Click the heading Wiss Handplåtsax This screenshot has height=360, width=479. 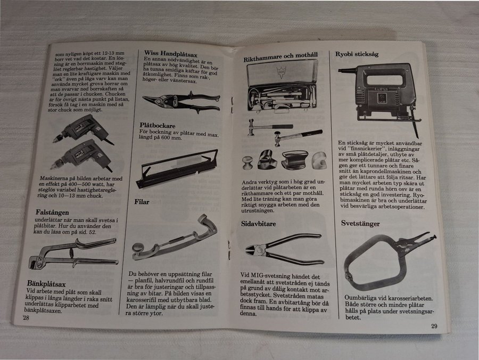[171, 54]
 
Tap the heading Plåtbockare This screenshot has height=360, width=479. [158, 126]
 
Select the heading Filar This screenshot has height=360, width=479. [142, 202]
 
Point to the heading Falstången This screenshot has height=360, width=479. [52, 212]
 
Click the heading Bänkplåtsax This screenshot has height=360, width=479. [46, 284]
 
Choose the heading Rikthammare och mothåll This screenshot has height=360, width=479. [280, 57]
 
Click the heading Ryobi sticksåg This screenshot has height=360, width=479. [357, 54]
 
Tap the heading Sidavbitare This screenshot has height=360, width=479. [258, 224]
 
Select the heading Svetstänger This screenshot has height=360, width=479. [360, 223]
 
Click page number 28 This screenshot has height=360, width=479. [26, 317]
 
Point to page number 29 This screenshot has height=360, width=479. [434, 326]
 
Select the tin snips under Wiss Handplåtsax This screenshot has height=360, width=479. [181, 101]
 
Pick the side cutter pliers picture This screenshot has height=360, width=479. [284, 249]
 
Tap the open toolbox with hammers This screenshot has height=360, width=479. [282, 86]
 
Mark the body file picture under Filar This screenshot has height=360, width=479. [175, 238]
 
